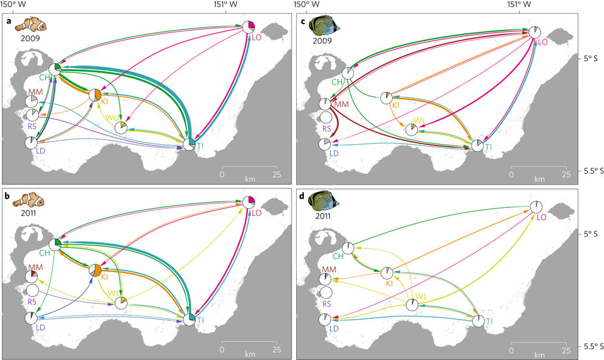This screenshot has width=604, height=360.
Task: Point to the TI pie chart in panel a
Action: point(189,144)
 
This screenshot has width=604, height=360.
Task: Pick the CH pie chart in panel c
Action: point(348,73)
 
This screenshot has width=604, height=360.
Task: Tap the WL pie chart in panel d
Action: point(412,305)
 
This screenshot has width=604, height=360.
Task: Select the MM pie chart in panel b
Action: point(31,277)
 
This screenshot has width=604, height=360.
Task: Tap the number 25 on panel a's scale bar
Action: point(277,174)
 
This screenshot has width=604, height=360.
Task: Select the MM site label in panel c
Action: point(340,106)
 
